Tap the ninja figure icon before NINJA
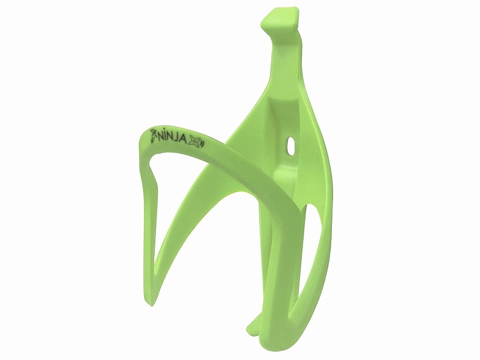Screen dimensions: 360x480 (154, 133)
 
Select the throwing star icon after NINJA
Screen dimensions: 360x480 (195, 142)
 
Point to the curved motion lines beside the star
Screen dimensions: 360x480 (202, 144)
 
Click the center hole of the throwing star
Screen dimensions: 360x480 (195, 142)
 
